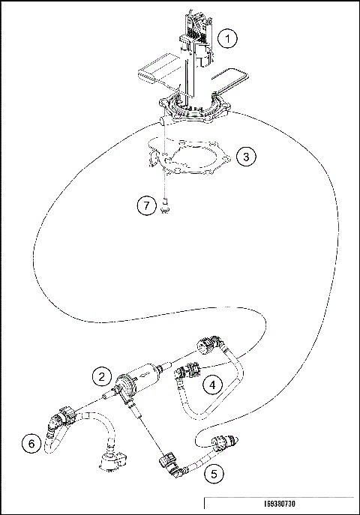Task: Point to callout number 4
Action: tap(214, 385)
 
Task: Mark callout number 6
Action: tap(31, 445)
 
